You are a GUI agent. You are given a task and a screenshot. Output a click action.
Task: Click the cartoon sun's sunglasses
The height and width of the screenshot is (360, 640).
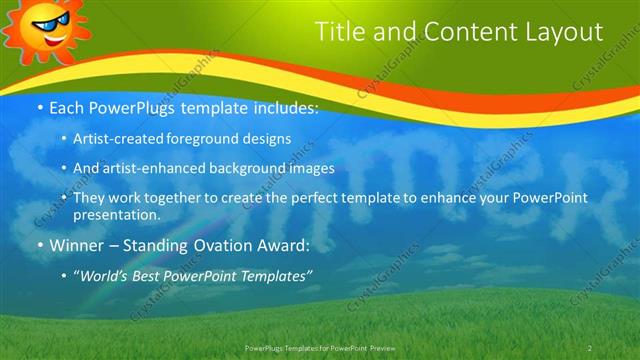point(46,19)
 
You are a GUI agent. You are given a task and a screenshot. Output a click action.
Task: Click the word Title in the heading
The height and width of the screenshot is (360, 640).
point(341,32)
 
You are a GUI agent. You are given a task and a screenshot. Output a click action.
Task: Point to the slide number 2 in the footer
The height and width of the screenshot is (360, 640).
point(590,347)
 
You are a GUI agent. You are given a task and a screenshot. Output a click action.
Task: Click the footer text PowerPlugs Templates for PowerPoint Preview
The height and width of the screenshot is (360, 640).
point(320,347)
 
